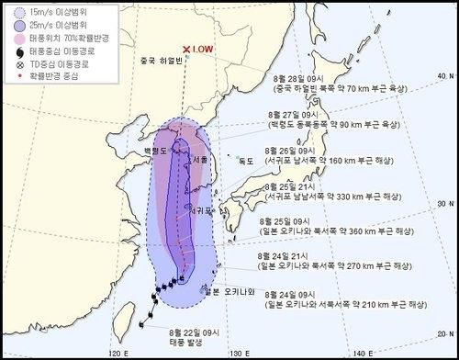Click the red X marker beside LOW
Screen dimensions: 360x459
186,50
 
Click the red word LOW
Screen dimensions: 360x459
204,50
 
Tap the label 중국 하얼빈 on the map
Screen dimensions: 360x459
158,62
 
